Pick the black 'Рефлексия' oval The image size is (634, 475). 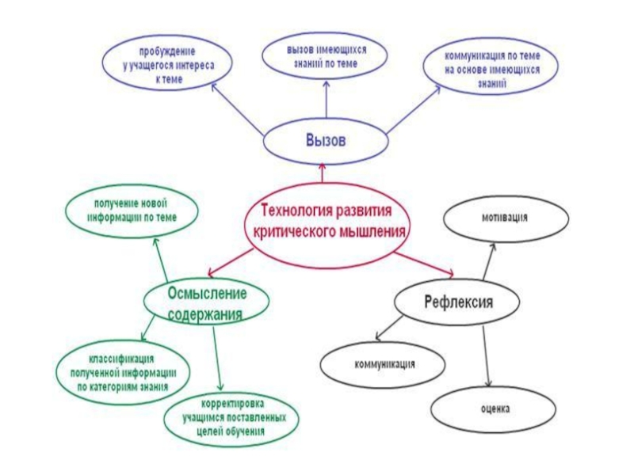pyautogui.click(x=458, y=302)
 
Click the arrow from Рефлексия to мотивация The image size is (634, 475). pyautogui.click(x=489, y=260)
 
